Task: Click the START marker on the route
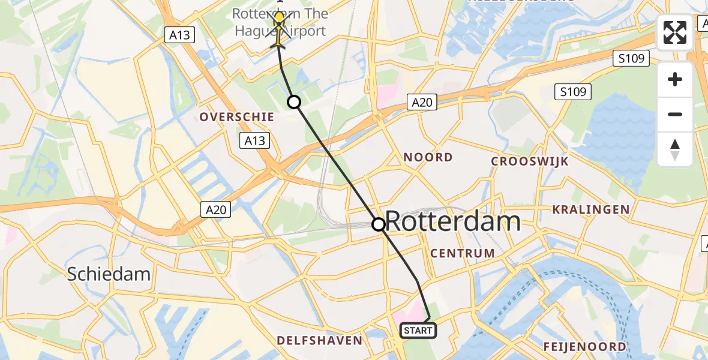click(x=418, y=330)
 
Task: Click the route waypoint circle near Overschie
click(x=294, y=102)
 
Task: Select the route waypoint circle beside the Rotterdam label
click(x=379, y=224)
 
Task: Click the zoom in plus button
click(x=675, y=79)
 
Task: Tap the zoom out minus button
click(x=675, y=114)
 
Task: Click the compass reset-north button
click(x=675, y=149)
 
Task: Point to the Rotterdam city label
click(x=452, y=222)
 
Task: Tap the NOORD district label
click(x=428, y=157)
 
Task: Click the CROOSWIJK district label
click(x=530, y=161)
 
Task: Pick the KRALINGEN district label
click(x=591, y=209)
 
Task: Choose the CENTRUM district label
click(x=463, y=253)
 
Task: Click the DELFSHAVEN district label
click(x=319, y=341)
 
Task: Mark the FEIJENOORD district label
click(x=584, y=346)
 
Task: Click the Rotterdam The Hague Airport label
click(x=280, y=22)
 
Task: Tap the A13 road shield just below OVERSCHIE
click(x=254, y=141)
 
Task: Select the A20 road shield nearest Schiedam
click(x=214, y=209)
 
